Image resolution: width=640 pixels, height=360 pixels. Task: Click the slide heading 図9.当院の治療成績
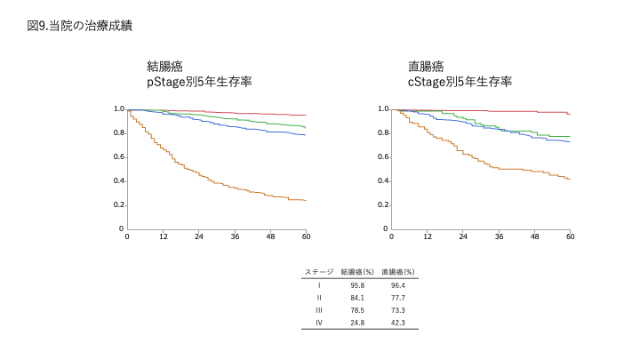[80, 26]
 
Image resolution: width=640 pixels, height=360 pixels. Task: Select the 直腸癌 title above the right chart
[426, 66]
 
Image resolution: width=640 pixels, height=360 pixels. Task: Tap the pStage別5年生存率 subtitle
[199, 81]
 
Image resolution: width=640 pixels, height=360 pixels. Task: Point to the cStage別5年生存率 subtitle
[460, 81]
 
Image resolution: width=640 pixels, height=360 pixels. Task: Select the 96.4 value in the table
[397, 284]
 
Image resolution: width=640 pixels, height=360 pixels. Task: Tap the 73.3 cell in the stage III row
[397, 309]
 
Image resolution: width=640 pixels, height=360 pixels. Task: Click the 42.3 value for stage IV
[397, 322]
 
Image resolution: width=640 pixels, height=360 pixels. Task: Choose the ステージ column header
[318, 271]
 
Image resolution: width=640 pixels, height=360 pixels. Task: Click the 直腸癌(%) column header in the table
[398, 271]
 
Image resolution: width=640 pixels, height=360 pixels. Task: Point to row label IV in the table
[318, 322]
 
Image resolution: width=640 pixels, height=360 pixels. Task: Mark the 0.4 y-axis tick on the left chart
[118, 181]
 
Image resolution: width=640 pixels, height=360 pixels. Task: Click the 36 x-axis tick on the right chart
[499, 237]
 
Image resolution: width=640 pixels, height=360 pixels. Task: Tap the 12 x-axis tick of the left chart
[164, 237]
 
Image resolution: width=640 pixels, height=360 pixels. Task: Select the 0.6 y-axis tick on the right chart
[383, 157]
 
